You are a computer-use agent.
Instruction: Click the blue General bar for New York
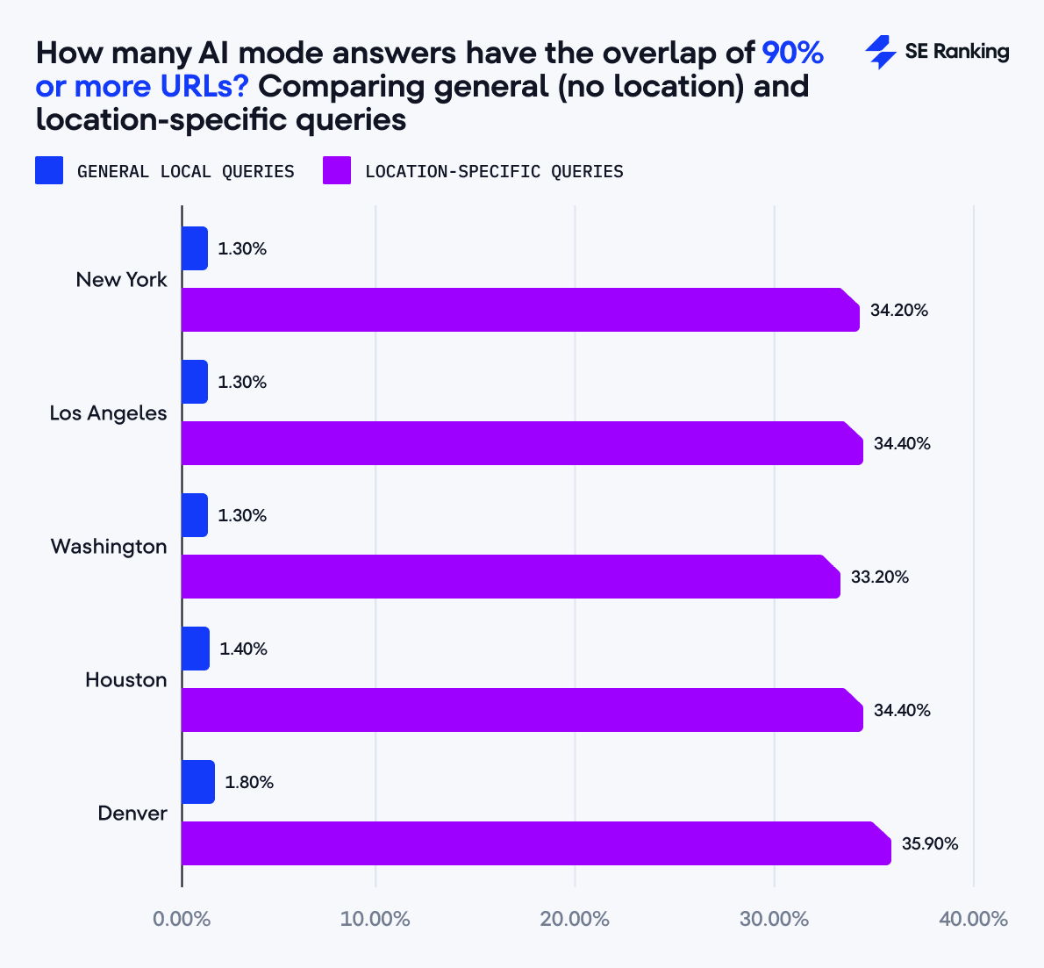(195, 248)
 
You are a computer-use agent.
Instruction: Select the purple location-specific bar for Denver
(535, 843)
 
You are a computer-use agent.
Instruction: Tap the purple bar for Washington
(510, 577)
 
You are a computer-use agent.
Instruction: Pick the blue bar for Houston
(196, 649)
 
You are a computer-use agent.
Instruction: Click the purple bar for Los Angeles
(521, 443)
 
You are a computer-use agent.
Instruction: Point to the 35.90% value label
(930, 844)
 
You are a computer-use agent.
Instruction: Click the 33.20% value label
(880, 577)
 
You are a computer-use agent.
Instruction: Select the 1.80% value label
(249, 782)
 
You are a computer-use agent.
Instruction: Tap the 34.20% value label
(899, 311)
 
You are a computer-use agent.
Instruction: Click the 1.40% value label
(243, 649)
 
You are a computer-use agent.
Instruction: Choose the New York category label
(121, 280)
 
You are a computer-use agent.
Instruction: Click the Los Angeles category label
(108, 413)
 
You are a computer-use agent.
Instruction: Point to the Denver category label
(132, 814)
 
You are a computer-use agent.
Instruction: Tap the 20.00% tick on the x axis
(576, 919)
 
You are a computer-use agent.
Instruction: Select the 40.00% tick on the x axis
(973, 919)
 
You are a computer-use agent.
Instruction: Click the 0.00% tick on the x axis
(182, 919)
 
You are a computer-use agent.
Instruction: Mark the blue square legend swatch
(49, 170)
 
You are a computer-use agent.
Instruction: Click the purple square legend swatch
(337, 170)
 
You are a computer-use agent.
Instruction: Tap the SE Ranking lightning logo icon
(880, 53)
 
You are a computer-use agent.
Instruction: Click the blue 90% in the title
(792, 54)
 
